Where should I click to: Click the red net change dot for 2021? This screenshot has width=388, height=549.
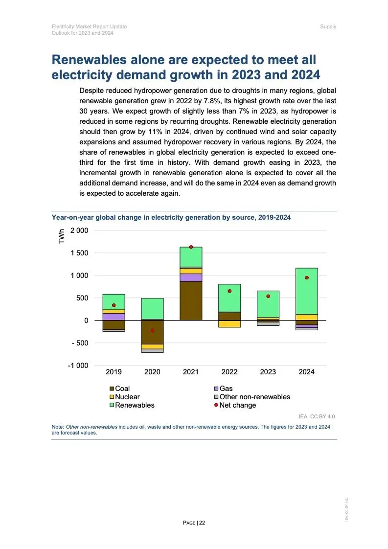(191, 247)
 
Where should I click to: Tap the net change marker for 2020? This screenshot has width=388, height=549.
(152, 330)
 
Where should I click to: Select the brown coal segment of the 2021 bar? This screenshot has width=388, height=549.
(191, 301)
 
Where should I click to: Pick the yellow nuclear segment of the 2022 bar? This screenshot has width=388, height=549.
(229, 324)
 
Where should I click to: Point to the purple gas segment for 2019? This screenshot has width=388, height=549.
(114, 317)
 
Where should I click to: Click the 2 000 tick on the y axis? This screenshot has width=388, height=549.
(79, 230)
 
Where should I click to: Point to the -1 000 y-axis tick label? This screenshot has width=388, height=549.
(78, 366)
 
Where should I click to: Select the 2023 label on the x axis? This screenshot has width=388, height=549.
(268, 372)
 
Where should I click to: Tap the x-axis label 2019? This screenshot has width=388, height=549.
(114, 372)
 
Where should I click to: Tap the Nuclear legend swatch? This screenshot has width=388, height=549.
(112, 397)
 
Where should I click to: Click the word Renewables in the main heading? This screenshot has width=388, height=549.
(95, 60)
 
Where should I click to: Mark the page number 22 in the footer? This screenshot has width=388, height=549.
(202, 523)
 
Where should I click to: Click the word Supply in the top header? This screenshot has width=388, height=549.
(328, 26)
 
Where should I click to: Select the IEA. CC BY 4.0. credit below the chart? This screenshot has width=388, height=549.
(318, 417)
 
